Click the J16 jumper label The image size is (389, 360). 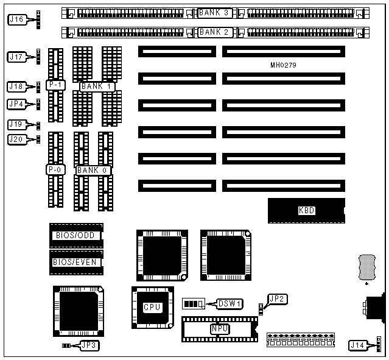[16, 19]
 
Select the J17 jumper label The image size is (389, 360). [16, 57]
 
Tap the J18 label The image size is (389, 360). [16, 86]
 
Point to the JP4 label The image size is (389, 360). [16, 104]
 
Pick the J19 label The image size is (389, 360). [16, 124]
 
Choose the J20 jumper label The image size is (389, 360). [16, 139]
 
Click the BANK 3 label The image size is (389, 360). [214, 13]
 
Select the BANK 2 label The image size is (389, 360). [214, 32]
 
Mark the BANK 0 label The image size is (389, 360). [93, 170]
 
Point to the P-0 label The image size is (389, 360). [54, 169]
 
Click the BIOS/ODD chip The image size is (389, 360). [76, 235]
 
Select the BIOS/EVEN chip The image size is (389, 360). [76, 262]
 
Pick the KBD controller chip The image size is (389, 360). [306, 210]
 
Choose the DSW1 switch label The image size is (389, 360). [230, 303]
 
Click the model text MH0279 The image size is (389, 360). [283, 65]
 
